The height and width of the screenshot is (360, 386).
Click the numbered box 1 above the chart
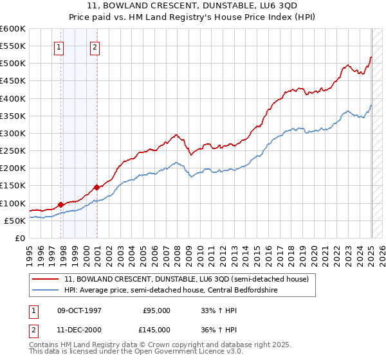[x=59, y=46]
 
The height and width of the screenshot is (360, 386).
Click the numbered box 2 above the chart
[x=95, y=46]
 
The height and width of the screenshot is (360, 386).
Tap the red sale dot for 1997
[x=61, y=204]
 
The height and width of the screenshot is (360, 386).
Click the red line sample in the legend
[x=45, y=279]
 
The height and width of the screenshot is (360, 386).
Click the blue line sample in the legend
[x=45, y=291]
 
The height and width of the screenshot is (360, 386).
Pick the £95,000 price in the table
[x=156, y=310]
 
